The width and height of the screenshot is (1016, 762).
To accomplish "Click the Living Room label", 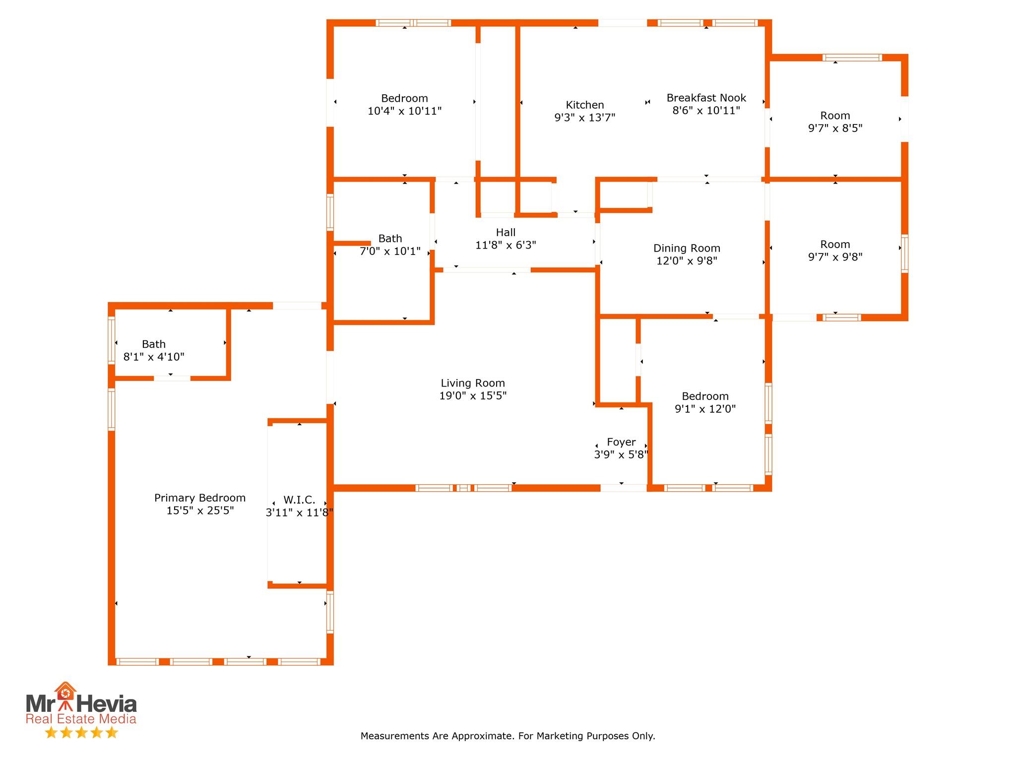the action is (x=473, y=383).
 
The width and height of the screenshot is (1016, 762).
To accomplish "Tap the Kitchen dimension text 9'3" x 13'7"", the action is (x=585, y=118).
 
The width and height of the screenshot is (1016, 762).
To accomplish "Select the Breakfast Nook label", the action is (x=706, y=98).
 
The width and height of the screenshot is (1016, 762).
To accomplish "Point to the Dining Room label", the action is (x=687, y=248).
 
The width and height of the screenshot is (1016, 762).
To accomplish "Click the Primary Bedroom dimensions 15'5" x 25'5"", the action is (x=200, y=510).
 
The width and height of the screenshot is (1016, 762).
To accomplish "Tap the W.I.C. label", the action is (x=299, y=500).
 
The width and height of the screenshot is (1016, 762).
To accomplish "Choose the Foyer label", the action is (x=621, y=442).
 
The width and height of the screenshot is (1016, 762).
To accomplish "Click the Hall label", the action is (x=506, y=232).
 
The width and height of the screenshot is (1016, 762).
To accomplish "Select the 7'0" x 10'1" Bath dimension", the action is (x=390, y=251).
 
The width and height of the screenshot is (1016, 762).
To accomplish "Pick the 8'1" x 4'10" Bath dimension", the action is (x=154, y=357).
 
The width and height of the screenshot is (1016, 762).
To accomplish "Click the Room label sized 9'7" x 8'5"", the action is (x=835, y=116).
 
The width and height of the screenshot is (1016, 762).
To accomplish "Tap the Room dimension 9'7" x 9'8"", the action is (x=835, y=257).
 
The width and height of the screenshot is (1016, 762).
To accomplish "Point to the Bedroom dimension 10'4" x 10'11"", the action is (x=404, y=111).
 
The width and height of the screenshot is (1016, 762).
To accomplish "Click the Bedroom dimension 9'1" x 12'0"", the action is (x=705, y=409).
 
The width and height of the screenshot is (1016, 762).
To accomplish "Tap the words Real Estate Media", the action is (x=81, y=719).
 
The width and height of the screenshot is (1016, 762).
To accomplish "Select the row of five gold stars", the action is (x=81, y=733).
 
